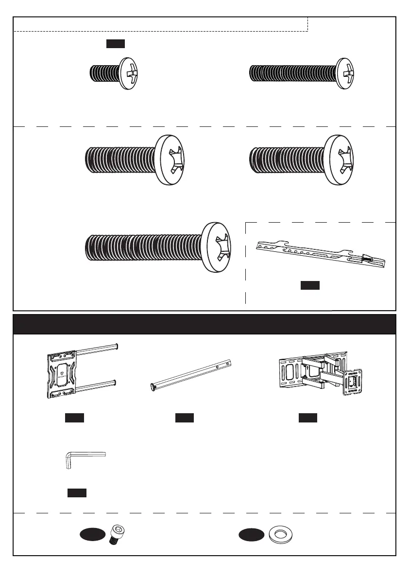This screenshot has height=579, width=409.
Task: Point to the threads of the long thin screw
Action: (x=291, y=73)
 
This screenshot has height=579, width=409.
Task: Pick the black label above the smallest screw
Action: (x=116, y=44)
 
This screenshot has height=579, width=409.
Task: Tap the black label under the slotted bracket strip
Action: (x=309, y=285)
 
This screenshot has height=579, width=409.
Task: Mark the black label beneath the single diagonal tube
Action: (x=184, y=418)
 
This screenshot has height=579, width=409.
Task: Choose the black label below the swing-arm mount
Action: (x=307, y=418)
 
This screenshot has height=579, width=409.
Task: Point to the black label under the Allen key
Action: (x=77, y=493)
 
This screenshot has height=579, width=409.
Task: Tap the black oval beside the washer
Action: (x=252, y=535)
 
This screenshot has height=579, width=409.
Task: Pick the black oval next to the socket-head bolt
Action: (x=93, y=535)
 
